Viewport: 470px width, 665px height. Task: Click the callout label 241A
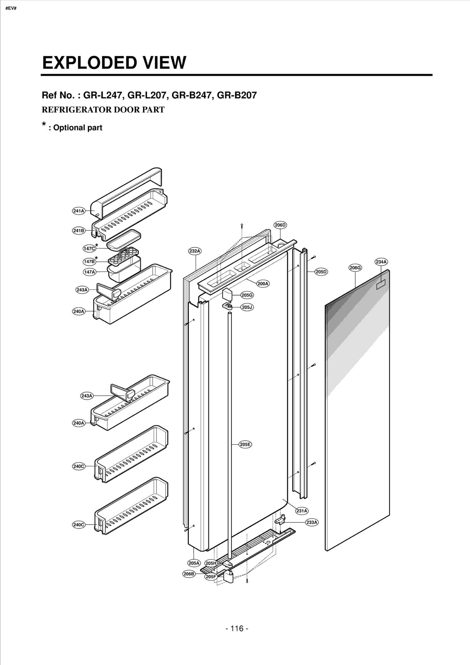[x=78, y=211]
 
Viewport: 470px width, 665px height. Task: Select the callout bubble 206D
[x=280, y=225]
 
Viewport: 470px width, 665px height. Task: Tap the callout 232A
[x=194, y=251]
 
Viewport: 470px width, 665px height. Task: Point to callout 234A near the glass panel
[x=381, y=262]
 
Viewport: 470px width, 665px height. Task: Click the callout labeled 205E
[x=245, y=444]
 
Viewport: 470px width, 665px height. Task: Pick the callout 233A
[x=312, y=522]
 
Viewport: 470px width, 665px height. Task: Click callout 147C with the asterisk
[x=89, y=248]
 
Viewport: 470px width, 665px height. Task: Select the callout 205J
[x=247, y=307]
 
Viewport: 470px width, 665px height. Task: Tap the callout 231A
[x=302, y=511]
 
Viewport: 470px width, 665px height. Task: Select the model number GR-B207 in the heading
[x=236, y=95]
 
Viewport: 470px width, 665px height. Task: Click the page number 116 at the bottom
[x=237, y=628]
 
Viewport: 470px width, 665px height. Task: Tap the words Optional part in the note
[x=78, y=128]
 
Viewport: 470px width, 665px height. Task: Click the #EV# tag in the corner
[x=11, y=8]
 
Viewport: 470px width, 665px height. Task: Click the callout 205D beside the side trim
[x=321, y=272]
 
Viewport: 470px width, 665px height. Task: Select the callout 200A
[x=263, y=283]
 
